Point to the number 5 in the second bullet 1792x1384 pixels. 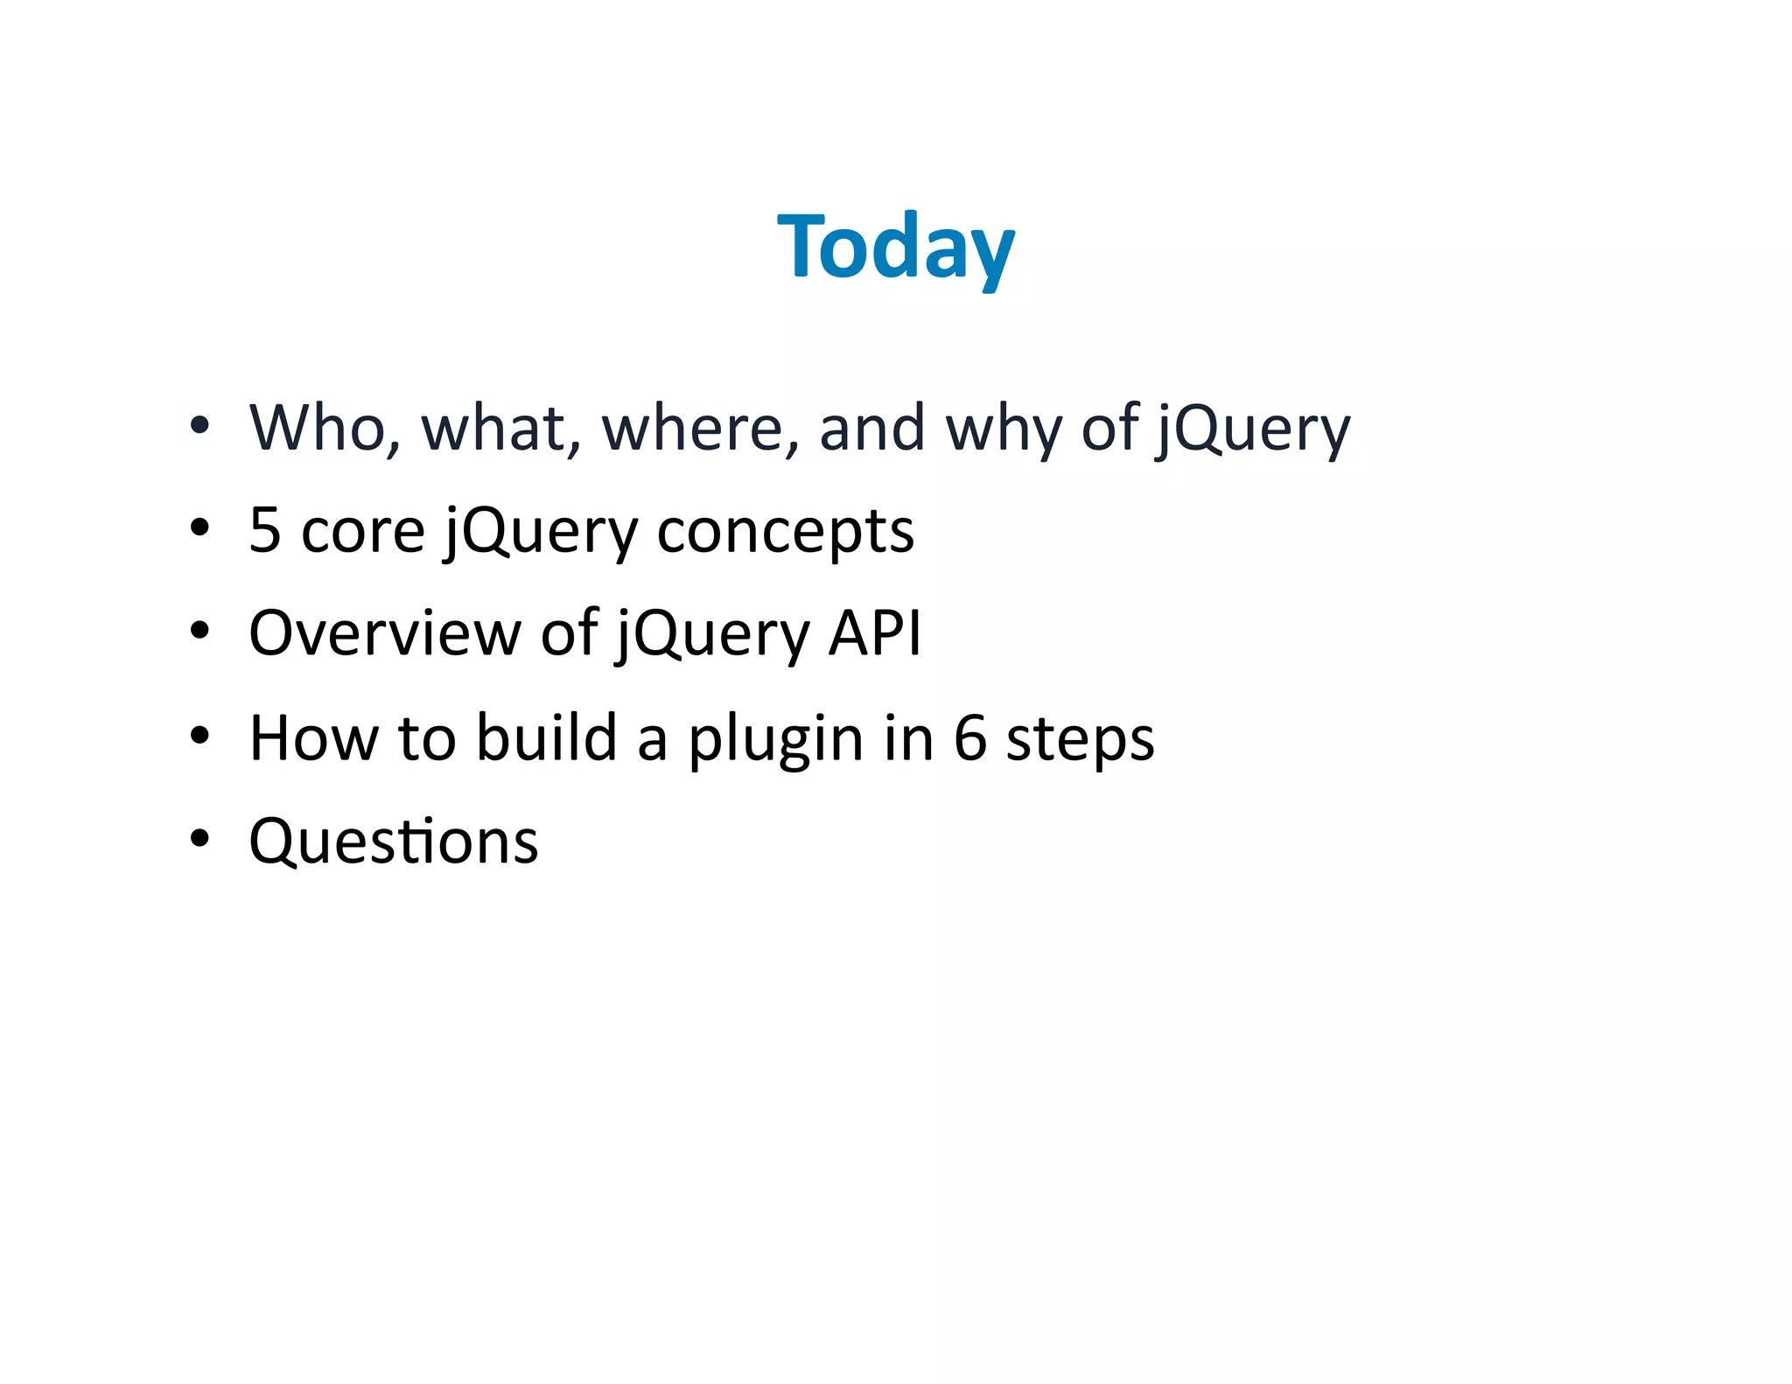pyautogui.click(x=265, y=530)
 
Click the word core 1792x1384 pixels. pyautogui.click(x=362, y=532)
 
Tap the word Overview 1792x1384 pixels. pyautogui.click(x=384, y=633)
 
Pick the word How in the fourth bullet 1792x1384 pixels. pyautogui.click(x=313, y=737)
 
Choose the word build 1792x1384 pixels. pyautogui.click(x=547, y=737)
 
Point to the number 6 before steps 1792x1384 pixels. pyautogui.click(x=969, y=737)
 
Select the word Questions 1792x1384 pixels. pyautogui.click(x=393, y=842)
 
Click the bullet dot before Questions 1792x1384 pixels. pyautogui.click(x=200, y=839)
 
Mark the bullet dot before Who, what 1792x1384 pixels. pyautogui.click(x=200, y=426)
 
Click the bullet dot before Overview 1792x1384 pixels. pyautogui.click(x=200, y=631)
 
